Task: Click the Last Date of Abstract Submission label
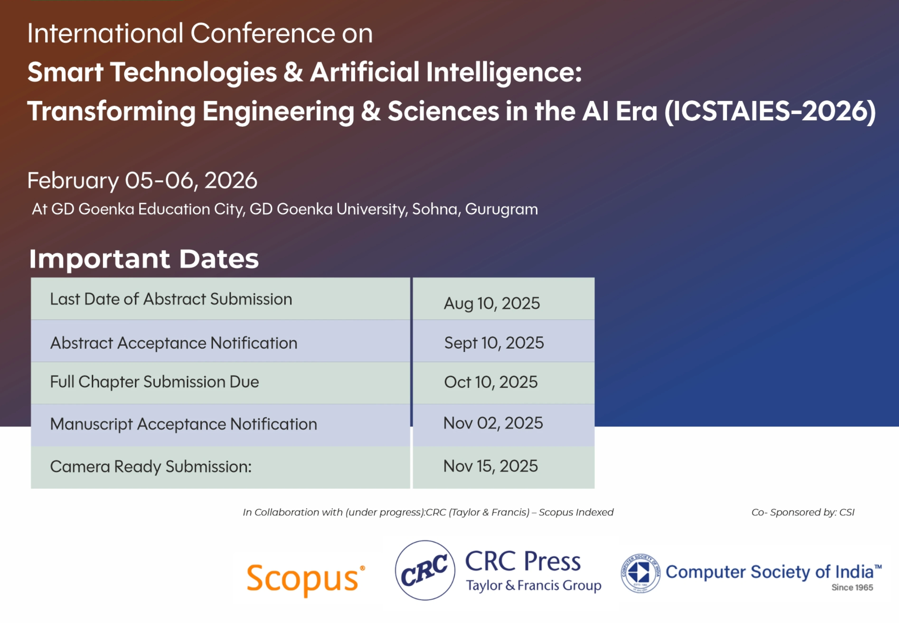171,299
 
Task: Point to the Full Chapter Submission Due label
154,382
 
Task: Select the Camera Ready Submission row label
151,466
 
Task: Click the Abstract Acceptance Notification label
174,343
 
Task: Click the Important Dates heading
144,259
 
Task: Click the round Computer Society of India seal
640,573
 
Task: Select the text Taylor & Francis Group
533,586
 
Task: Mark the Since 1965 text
852,587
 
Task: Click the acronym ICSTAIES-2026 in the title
770,111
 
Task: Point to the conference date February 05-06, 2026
142,181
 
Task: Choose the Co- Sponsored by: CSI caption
803,512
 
